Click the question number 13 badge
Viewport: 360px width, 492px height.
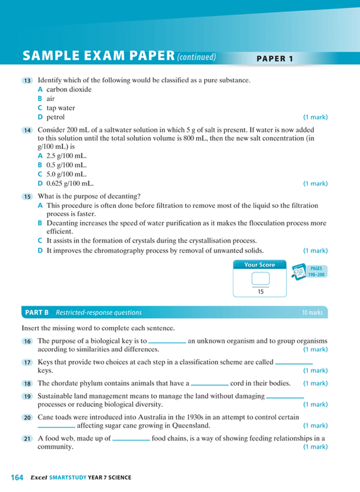[27, 81]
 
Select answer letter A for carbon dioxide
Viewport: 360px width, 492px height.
[40, 89]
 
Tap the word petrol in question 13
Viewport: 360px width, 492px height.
[55, 118]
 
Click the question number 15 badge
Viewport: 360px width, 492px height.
[27, 197]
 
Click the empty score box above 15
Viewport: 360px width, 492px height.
[259, 278]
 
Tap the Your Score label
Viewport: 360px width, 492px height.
[259, 265]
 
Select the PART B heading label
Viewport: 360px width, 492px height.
[37, 313]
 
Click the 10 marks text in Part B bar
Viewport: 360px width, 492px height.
[312, 313]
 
